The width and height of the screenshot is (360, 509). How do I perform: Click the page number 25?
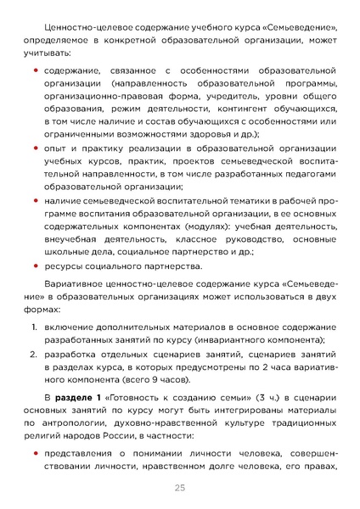[x=180, y=487]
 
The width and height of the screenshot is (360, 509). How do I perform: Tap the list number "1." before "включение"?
[x=28, y=327]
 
